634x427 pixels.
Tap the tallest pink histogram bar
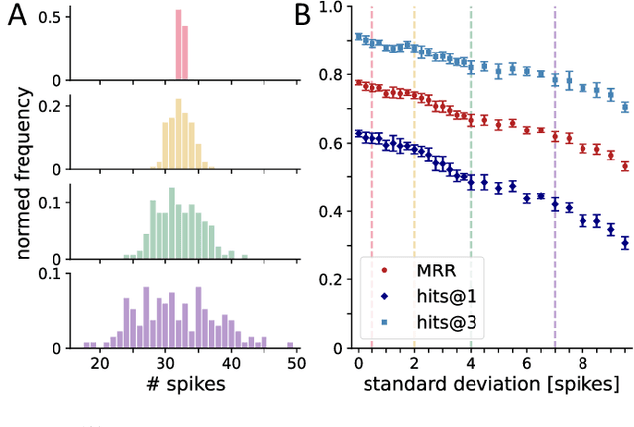(178, 46)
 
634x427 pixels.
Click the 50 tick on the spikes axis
(295, 362)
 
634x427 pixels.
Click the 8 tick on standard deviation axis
(582, 362)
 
